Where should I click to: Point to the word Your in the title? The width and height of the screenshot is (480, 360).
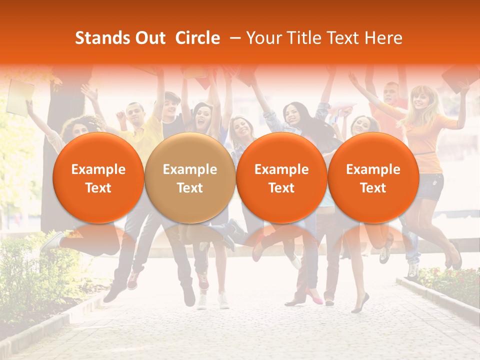(x=263, y=38)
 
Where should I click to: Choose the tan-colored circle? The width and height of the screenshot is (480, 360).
(x=190, y=178)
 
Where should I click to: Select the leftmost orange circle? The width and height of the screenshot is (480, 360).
(x=98, y=178)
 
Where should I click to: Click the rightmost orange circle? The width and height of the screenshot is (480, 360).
(x=373, y=178)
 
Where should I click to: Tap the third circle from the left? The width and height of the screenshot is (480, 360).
(x=281, y=178)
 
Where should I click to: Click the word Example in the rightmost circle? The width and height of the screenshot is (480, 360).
(x=373, y=169)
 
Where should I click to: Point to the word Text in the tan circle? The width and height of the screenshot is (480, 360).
(x=190, y=188)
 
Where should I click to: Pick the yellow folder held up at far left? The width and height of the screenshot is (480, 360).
(x=19, y=97)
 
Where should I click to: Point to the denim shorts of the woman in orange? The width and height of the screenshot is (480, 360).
(x=430, y=186)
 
